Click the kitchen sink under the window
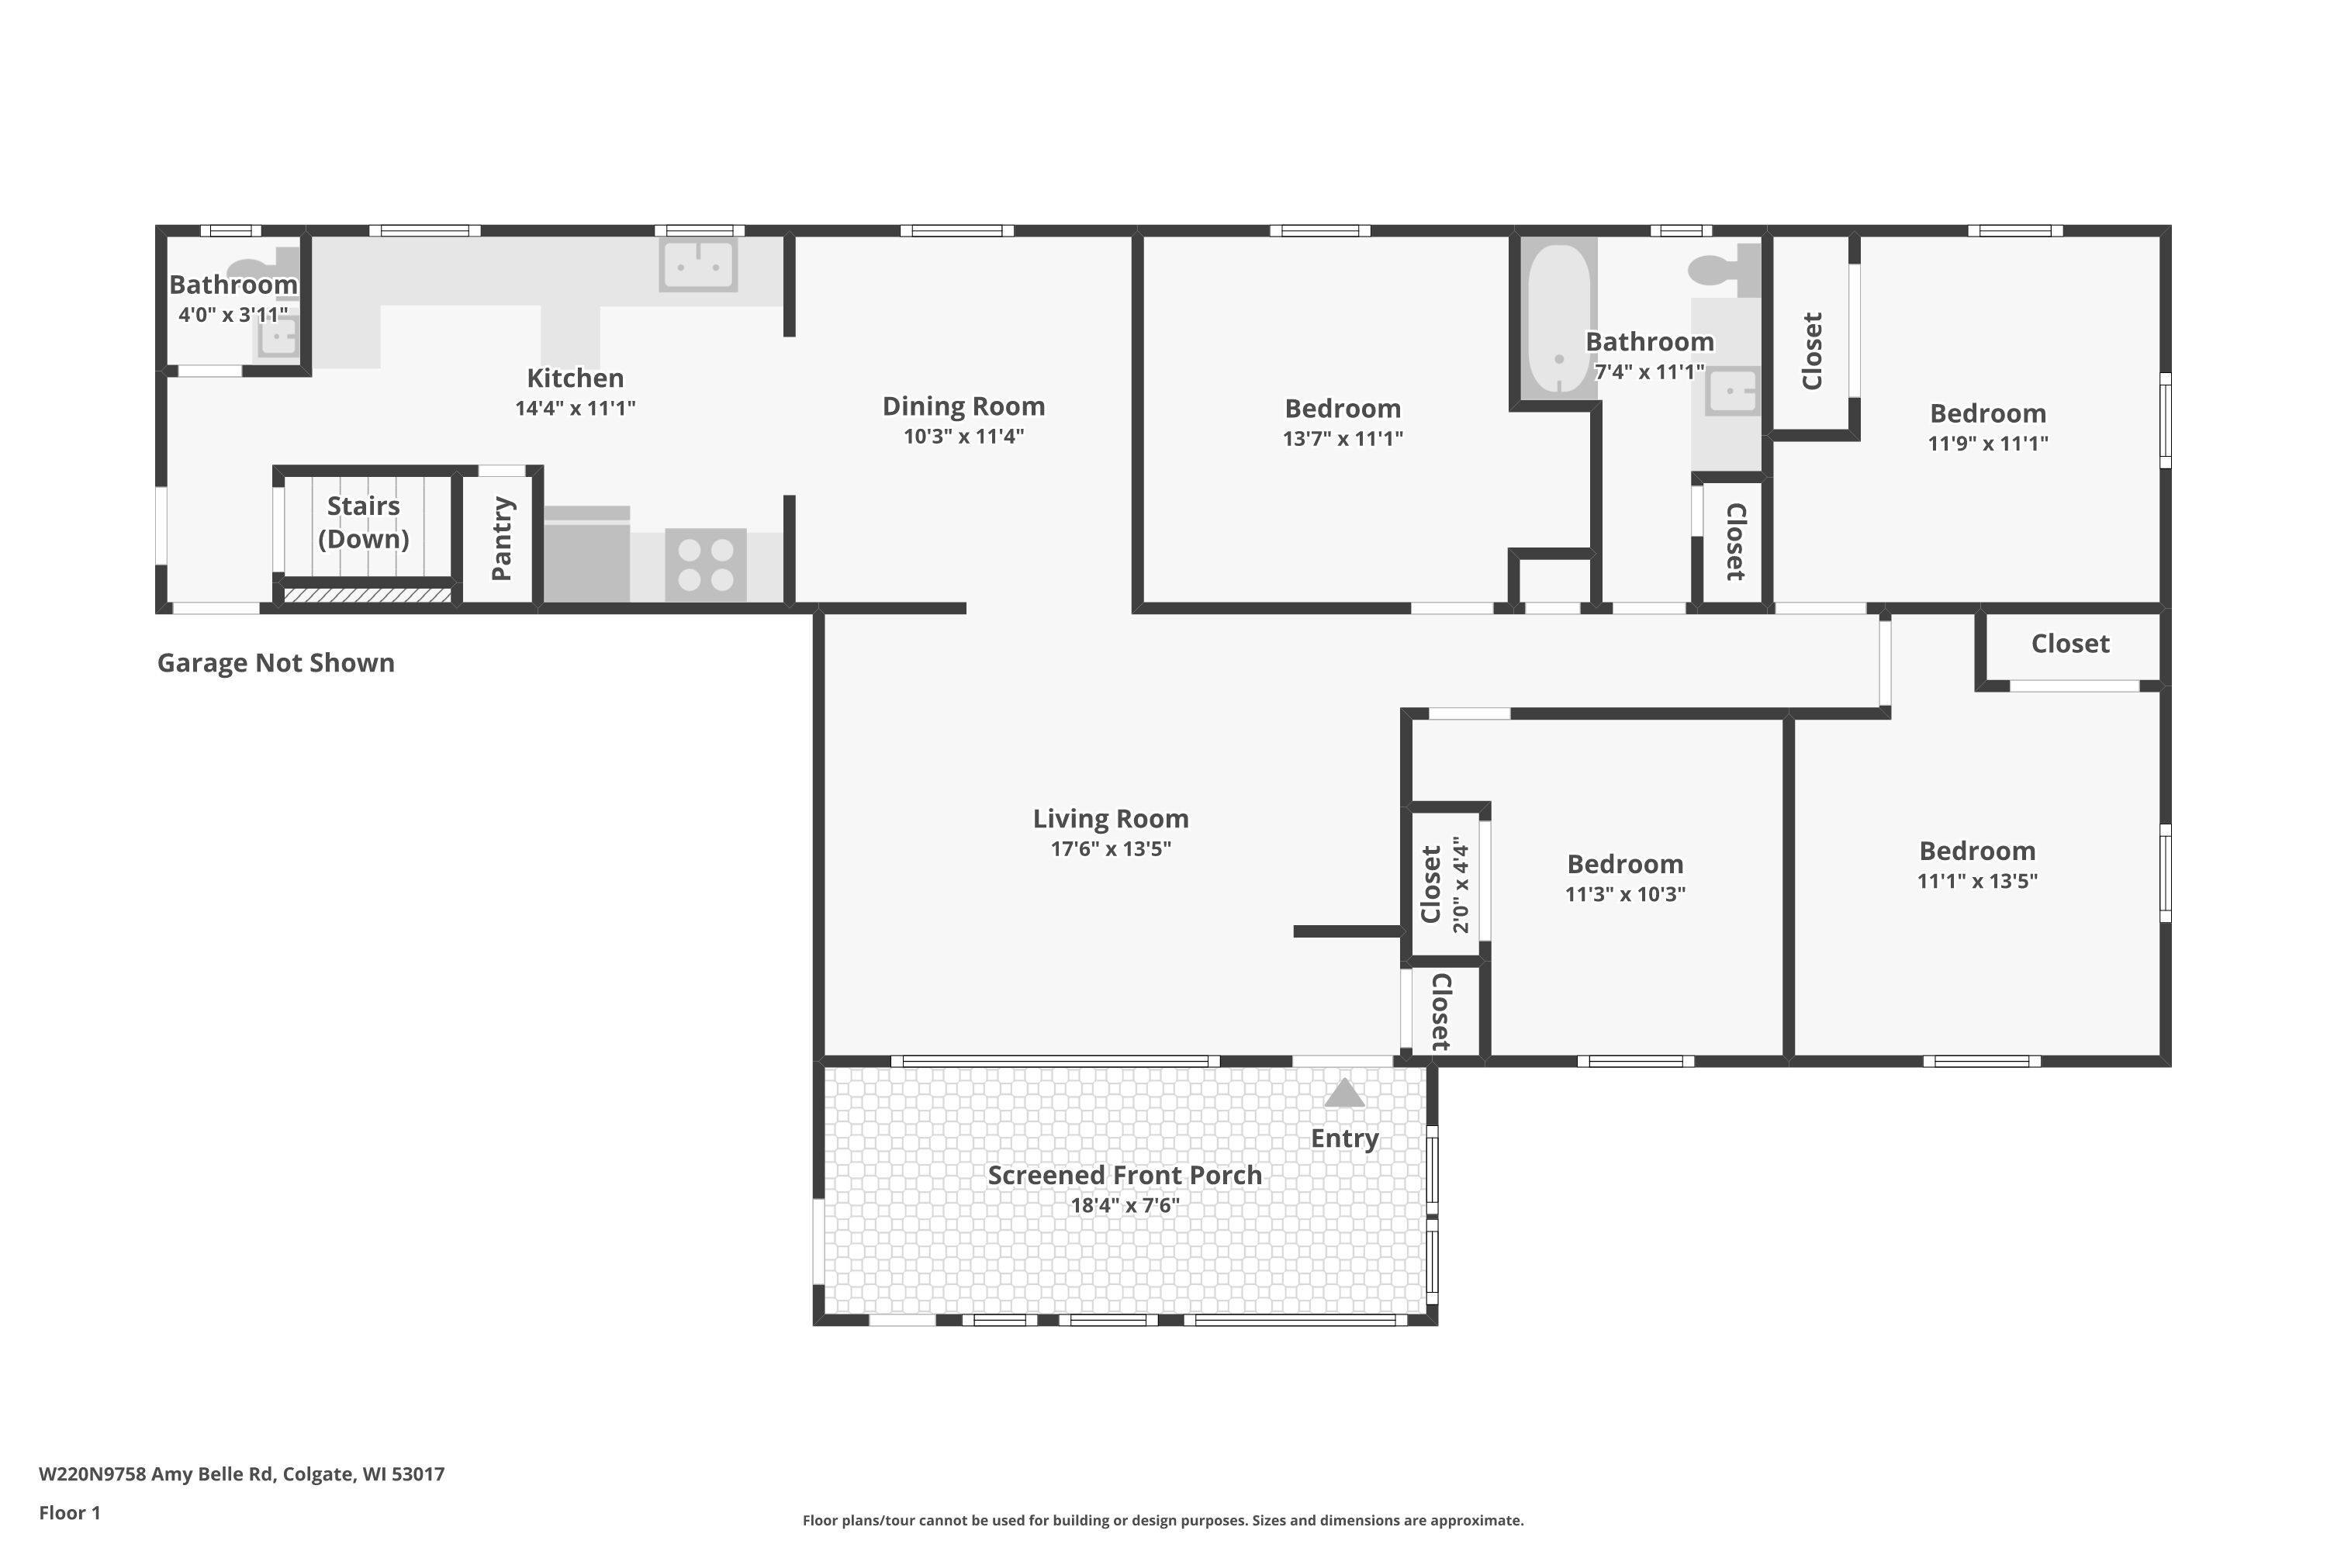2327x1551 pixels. (699, 264)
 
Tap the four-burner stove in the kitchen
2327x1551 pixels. (705, 565)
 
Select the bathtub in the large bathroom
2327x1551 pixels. (1558, 319)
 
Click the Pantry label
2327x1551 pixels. (502, 538)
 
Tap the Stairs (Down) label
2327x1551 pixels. (363, 522)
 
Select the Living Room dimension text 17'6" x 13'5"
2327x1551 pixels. (1111, 848)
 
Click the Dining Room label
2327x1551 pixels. (963, 406)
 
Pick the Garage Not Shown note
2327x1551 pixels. (276, 663)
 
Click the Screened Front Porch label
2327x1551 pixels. (1125, 1175)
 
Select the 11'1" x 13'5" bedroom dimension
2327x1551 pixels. (1978, 881)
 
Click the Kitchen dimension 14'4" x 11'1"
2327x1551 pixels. (575, 408)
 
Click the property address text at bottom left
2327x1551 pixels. (241, 1474)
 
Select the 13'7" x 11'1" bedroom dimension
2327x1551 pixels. (1343, 438)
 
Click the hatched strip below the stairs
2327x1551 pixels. (367, 596)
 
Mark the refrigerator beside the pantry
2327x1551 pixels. (586, 554)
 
